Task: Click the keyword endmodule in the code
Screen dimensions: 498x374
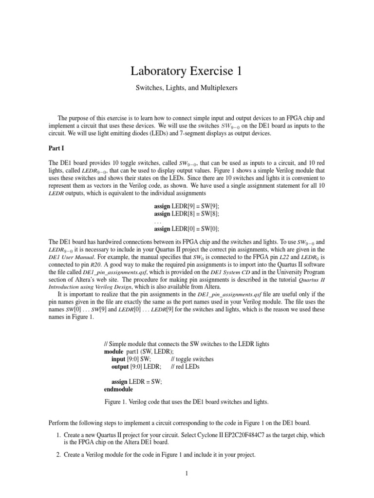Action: (118, 390)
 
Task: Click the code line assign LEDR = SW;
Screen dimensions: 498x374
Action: (136, 382)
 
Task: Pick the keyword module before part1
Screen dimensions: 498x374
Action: (114, 351)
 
